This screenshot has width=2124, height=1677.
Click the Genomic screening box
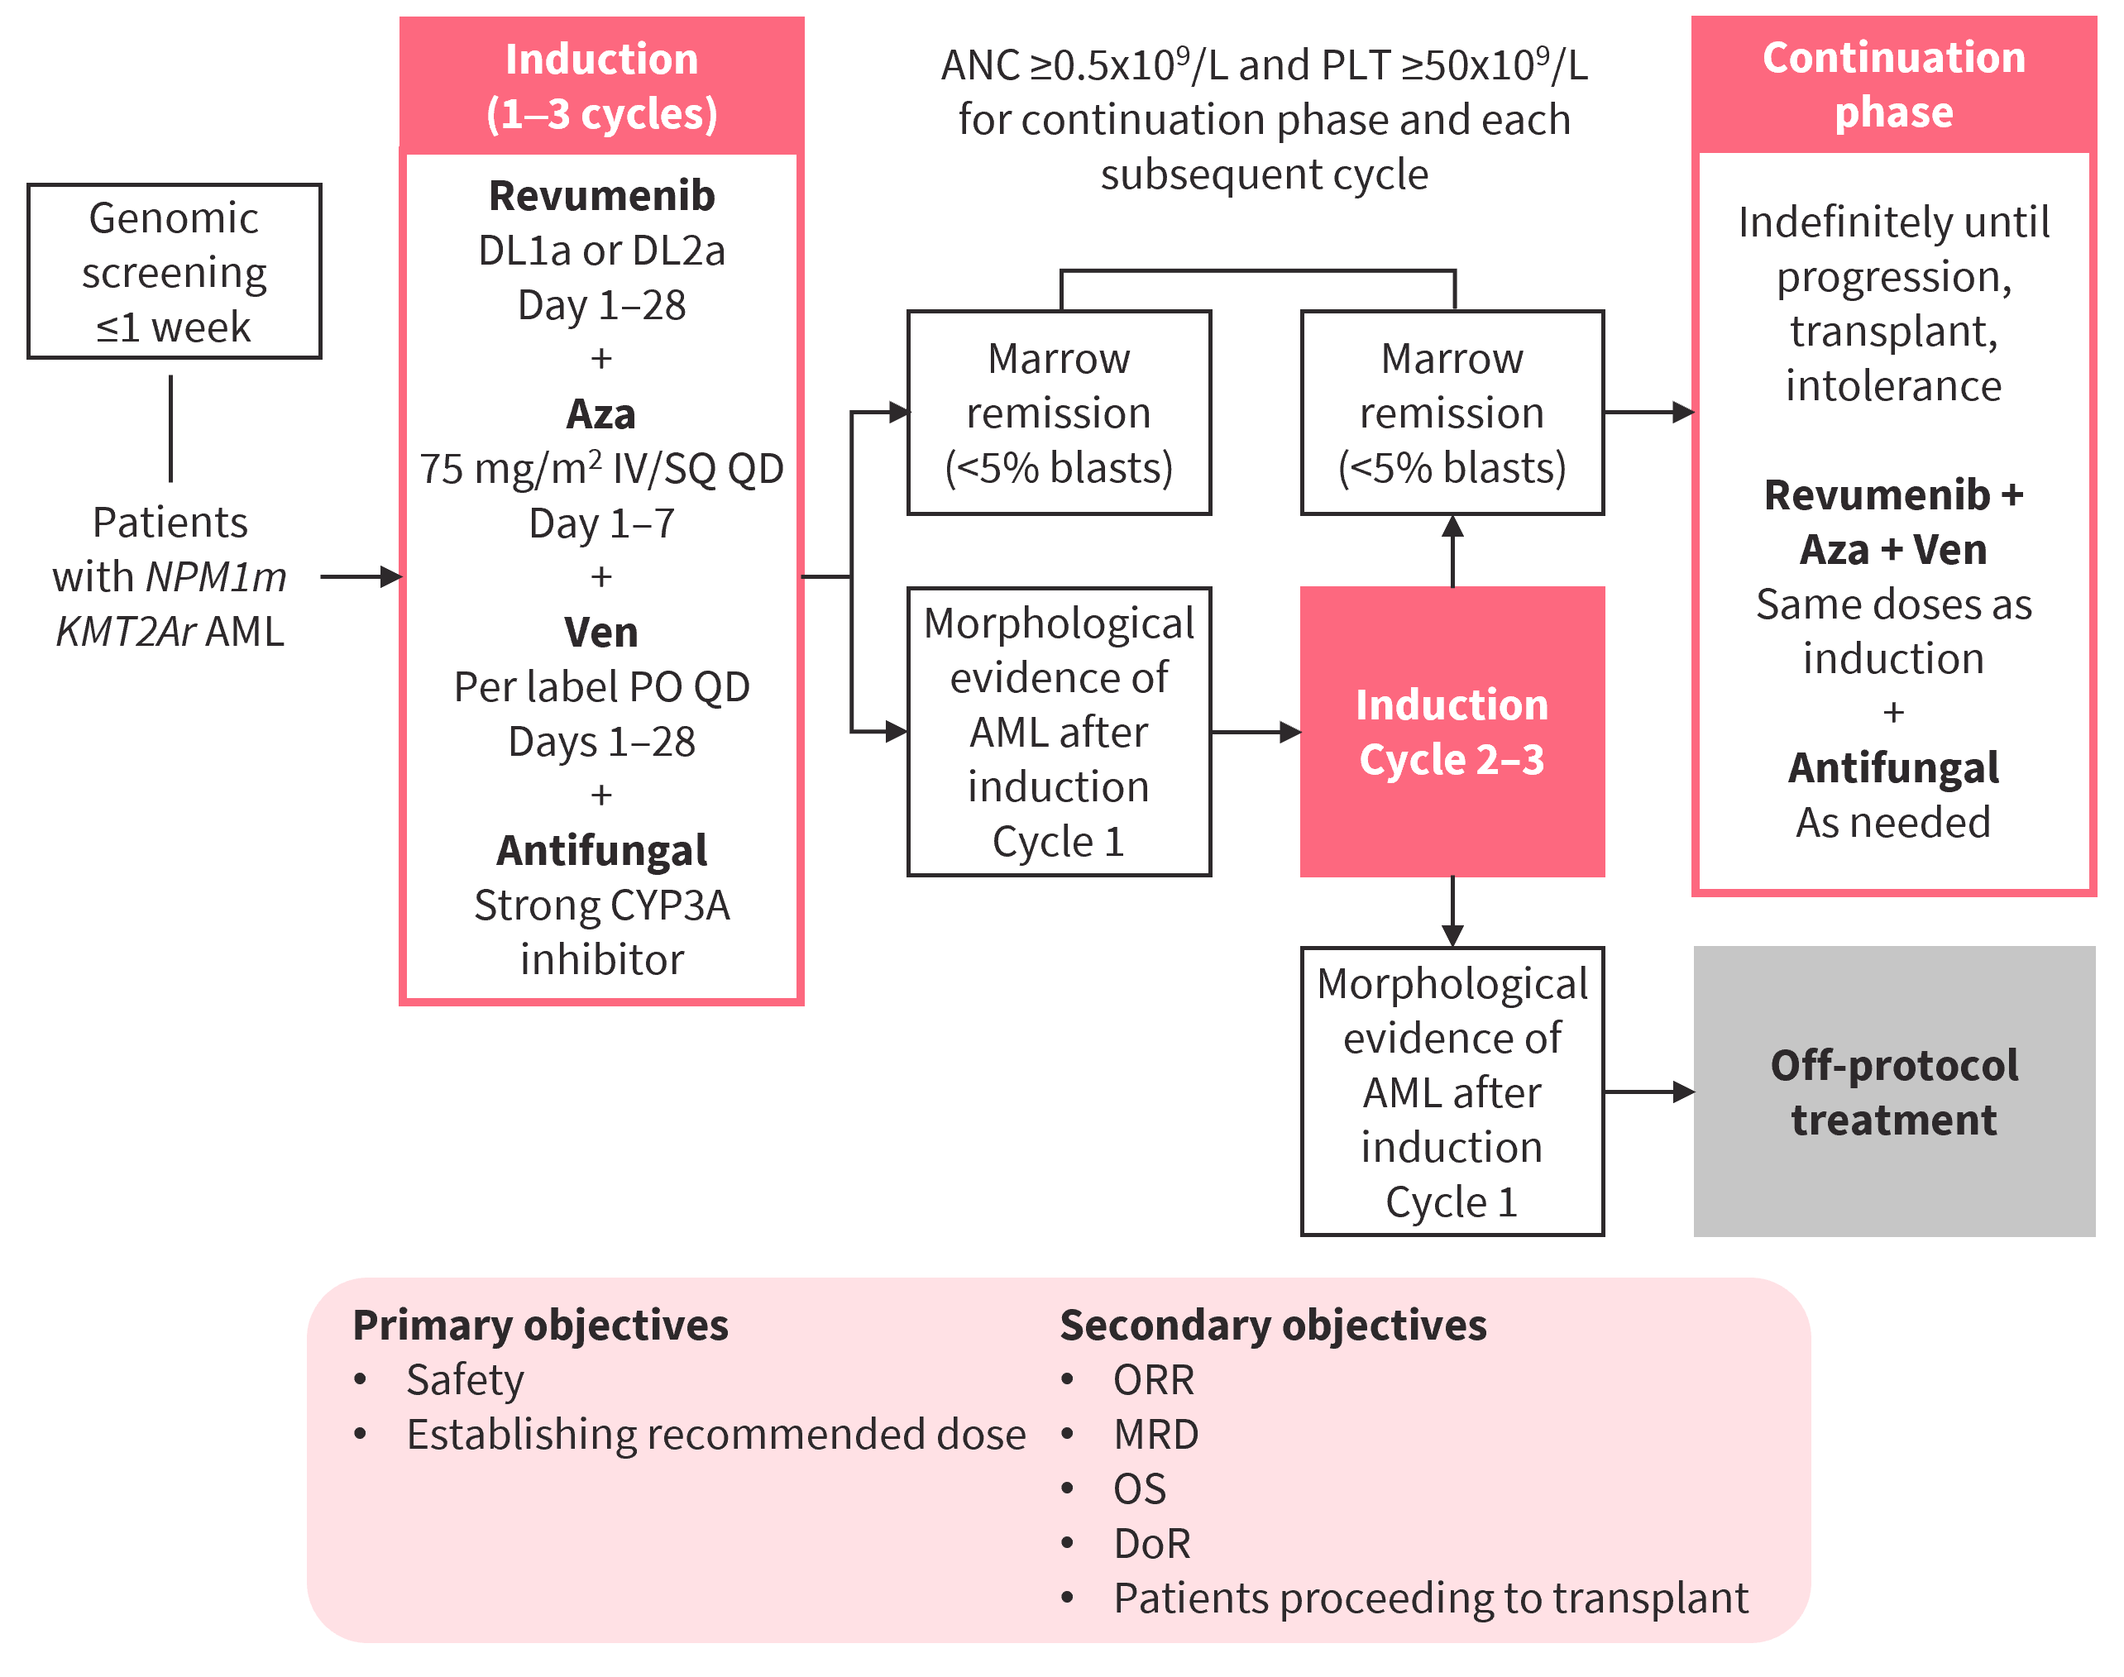click(174, 271)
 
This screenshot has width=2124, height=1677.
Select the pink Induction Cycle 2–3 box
click(1452, 732)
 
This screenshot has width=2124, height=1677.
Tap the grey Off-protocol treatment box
click(1893, 1092)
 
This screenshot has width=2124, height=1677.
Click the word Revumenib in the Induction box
click(601, 195)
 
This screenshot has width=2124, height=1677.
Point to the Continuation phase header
click(1893, 84)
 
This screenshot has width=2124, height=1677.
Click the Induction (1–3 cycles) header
click(601, 86)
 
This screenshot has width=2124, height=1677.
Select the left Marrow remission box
click(1059, 413)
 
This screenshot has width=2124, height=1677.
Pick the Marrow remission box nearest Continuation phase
click(1452, 413)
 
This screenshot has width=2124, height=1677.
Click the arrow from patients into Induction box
click(361, 576)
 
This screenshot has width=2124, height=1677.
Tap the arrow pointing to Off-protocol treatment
click(1650, 1092)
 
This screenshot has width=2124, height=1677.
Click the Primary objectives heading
click(540, 1325)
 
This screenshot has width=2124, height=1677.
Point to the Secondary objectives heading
click(1273, 1325)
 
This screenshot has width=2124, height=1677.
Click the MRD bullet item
click(1155, 1435)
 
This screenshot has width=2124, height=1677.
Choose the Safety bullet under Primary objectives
click(465, 1379)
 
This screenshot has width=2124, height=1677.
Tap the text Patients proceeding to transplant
click(1430, 1598)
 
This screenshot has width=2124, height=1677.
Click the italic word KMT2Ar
click(126, 631)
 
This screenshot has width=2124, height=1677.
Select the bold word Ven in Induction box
click(601, 631)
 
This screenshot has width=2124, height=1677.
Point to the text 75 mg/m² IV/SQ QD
click(601, 468)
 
